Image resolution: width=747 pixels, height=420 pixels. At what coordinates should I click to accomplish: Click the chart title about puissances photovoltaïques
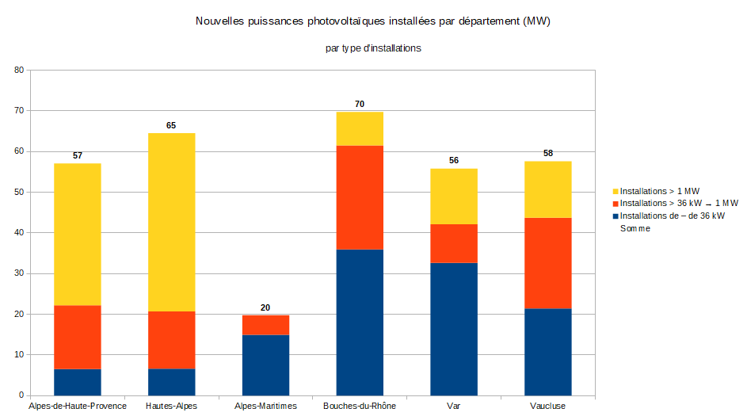[x=372, y=21]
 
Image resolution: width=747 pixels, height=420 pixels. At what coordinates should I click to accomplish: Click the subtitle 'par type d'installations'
[x=372, y=48]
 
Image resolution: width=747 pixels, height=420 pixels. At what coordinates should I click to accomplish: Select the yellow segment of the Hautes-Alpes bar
[x=171, y=222]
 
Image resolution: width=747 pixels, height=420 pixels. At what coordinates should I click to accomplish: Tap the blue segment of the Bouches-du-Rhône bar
[x=360, y=322]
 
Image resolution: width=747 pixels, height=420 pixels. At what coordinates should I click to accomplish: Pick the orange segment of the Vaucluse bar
[x=547, y=263]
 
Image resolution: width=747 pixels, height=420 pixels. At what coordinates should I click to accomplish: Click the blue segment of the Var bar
[x=453, y=329]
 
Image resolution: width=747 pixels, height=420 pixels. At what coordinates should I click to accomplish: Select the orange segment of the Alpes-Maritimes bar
[x=265, y=325]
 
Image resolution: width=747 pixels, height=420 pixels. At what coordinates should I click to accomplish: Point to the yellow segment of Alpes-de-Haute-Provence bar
[x=78, y=234]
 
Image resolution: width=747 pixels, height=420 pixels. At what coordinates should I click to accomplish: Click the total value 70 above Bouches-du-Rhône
[x=360, y=104]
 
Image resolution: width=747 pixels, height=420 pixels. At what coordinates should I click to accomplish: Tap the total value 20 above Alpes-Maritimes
[x=265, y=307]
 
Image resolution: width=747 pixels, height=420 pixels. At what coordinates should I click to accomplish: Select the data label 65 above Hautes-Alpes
[x=171, y=125]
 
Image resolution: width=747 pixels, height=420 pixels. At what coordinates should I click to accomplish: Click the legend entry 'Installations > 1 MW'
[x=659, y=191]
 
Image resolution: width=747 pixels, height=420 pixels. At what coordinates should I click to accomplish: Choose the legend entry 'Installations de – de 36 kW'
[x=672, y=216]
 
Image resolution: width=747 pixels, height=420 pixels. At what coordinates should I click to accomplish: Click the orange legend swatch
[x=616, y=204]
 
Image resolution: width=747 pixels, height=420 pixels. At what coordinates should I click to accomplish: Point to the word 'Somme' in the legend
[x=635, y=228]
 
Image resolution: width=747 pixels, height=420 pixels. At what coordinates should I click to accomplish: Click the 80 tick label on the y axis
[x=19, y=70]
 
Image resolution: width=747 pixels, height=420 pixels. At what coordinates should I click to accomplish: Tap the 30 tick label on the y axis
[x=19, y=273]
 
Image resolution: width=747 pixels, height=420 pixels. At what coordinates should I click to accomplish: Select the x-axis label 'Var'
[x=453, y=406]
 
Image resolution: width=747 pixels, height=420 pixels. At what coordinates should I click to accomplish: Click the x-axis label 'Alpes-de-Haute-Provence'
[x=78, y=406]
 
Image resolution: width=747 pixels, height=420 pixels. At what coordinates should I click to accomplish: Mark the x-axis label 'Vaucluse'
[x=547, y=406]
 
